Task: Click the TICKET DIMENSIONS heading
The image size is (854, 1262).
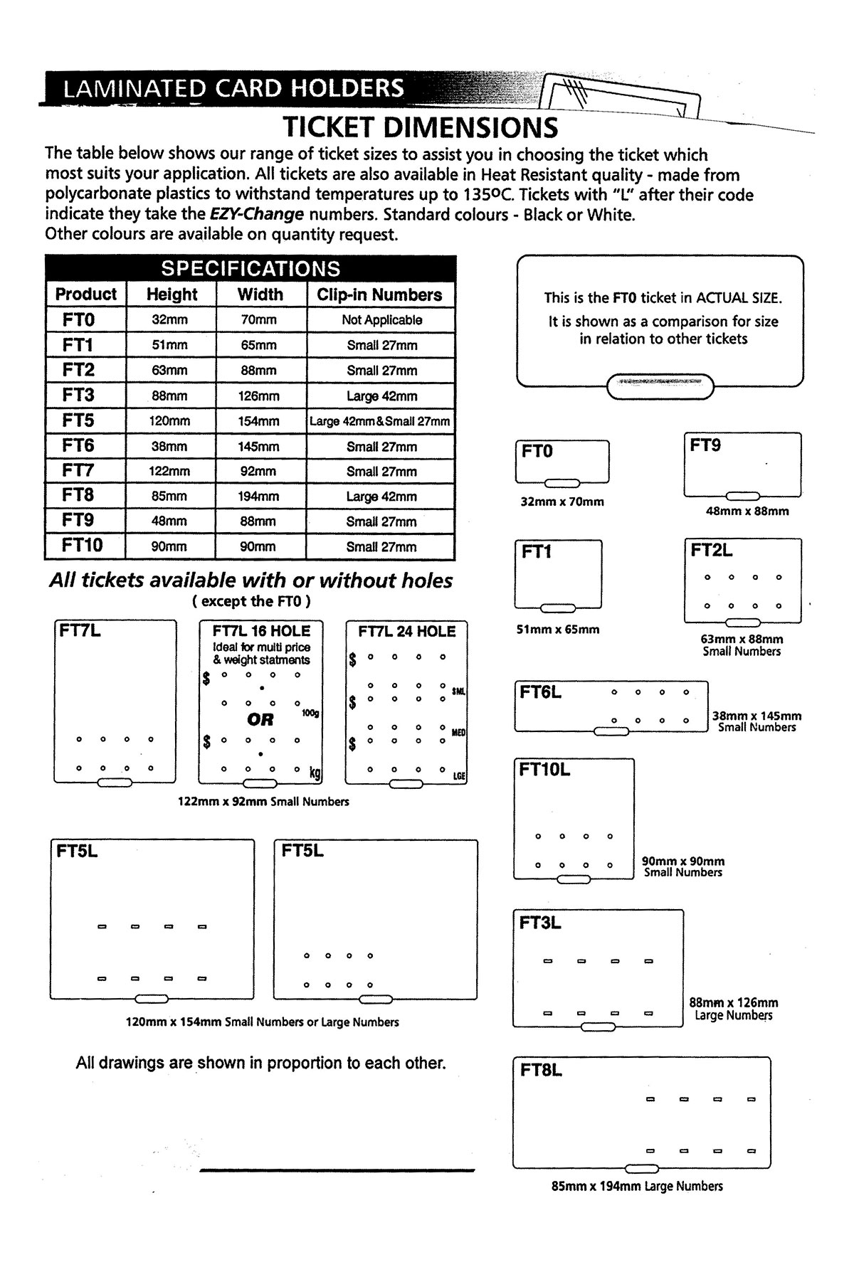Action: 421,127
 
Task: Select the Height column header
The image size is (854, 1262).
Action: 172,295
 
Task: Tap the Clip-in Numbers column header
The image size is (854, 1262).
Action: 379,295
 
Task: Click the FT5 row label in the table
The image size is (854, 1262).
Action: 78,420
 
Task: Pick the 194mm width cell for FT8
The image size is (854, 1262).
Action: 258,497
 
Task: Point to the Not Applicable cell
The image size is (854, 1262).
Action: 381,320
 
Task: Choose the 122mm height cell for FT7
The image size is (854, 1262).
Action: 169,472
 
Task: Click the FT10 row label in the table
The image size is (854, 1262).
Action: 82,546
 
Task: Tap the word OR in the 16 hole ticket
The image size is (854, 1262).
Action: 260,719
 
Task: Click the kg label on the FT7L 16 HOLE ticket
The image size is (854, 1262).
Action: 314,771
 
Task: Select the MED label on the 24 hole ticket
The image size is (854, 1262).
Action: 458,731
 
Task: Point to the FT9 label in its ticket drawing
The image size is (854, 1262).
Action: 705,445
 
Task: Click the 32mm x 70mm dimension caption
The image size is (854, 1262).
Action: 562,502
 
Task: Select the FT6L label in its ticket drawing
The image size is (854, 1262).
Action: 540,692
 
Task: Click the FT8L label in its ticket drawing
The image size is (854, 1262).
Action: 541,1070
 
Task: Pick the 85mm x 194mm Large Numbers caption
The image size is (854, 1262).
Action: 637,1186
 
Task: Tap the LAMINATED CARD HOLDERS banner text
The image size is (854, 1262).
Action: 233,88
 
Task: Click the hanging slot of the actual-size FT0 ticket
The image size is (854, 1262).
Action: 660,386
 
